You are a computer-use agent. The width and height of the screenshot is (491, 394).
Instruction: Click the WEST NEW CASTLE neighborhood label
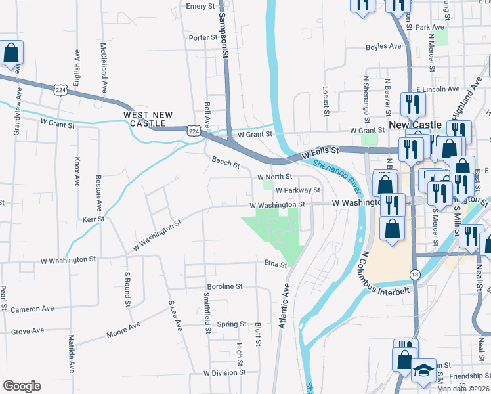[148, 119]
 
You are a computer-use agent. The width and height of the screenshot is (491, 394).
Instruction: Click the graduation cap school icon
[423, 371]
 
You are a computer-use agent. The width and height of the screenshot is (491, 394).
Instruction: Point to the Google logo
[22, 386]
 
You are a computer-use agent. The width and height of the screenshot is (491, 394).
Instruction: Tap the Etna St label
[276, 265]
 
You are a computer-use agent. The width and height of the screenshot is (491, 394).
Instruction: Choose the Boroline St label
[225, 287]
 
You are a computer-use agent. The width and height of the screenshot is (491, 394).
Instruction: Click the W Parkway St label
[297, 190]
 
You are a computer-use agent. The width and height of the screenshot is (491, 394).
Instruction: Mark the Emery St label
[201, 6]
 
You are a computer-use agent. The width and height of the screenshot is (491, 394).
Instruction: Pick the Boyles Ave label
[383, 47]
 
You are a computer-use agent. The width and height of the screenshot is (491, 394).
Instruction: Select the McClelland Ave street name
[103, 68]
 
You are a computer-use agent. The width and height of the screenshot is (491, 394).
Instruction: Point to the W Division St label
[224, 372]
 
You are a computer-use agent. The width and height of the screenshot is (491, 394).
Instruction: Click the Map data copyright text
[463, 389]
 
